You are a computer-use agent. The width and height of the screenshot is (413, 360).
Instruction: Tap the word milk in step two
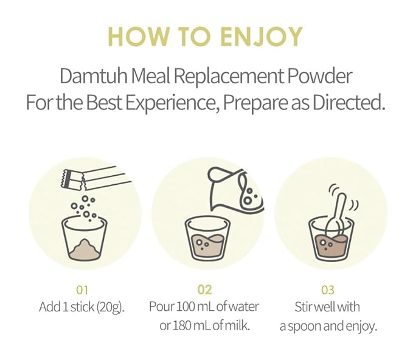point(241,326)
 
